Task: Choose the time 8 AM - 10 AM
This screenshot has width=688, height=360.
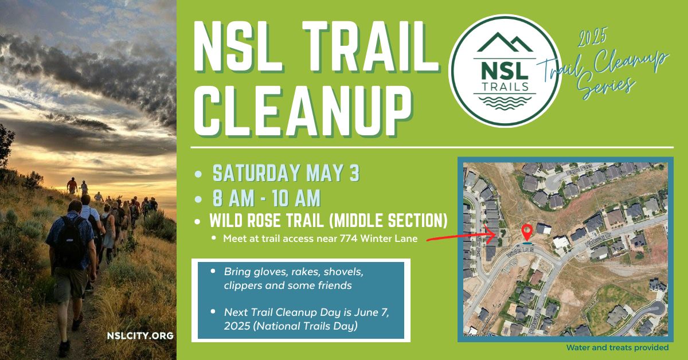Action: point(266,198)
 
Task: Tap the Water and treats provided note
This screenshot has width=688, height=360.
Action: point(617,347)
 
